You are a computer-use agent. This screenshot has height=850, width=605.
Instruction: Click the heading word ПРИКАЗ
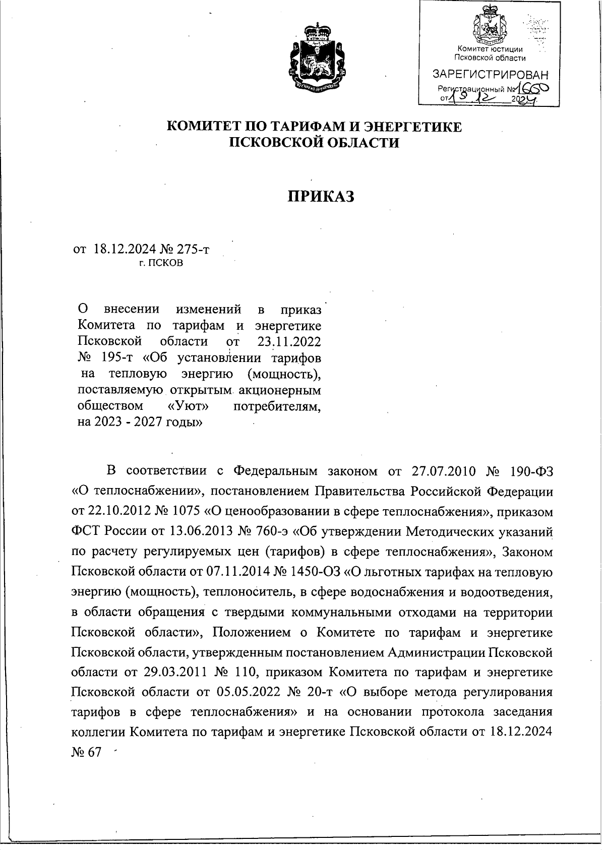[321, 196]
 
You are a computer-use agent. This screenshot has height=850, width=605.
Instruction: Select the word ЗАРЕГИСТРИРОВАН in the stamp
[491, 74]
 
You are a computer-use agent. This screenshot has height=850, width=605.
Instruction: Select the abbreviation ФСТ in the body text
[86, 532]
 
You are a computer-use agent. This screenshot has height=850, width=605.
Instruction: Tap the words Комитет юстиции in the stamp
[490, 49]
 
